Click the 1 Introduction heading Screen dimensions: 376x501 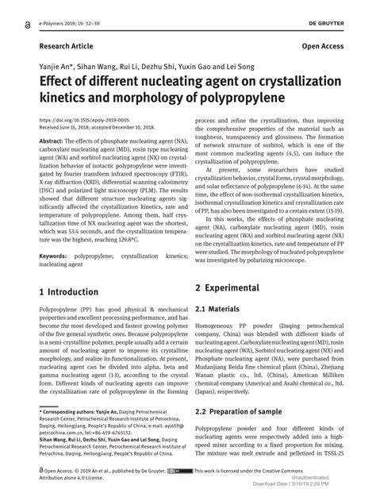[x=69, y=292]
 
